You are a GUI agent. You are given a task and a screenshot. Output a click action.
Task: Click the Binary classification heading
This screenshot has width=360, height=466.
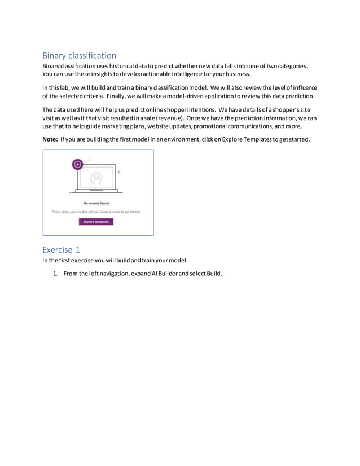(79, 55)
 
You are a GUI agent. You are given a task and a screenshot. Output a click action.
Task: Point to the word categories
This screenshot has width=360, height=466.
(289, 66)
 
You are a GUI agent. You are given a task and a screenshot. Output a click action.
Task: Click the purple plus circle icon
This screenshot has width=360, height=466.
(78, 165)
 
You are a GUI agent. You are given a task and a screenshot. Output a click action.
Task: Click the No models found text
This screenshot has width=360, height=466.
(97, 203)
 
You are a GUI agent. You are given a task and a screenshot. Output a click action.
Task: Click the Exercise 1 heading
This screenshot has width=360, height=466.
(61, 249)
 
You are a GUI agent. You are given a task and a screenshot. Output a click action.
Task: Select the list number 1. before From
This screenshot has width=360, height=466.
(55, 274)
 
